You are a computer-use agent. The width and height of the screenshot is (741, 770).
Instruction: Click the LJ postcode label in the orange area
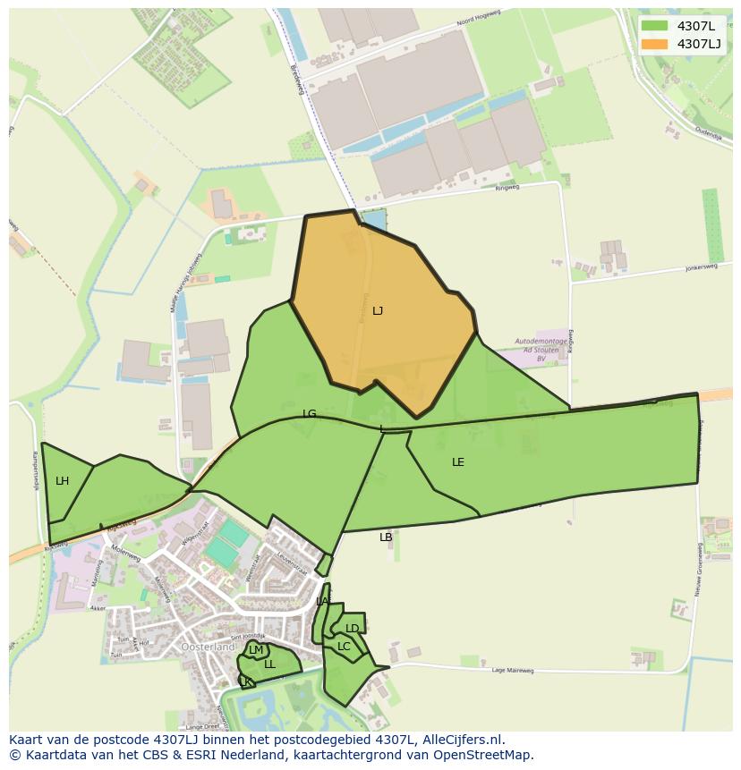coord(378,311)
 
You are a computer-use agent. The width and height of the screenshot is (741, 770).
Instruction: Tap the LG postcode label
coord(310,414)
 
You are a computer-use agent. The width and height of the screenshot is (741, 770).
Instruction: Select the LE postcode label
coord(458,462)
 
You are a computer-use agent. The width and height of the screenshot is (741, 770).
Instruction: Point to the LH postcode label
coord(62,481)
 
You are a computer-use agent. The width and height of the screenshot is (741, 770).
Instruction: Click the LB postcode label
coord(386,537)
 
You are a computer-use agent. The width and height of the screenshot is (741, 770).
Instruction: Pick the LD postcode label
coord(353,629)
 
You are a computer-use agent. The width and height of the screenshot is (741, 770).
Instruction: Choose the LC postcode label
coord(344,647)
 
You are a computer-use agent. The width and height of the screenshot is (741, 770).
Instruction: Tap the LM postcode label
coord(256,650)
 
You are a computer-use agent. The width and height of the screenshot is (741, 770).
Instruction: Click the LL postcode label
coord(269,664)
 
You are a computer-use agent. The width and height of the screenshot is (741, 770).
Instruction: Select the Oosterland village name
coord(208,647)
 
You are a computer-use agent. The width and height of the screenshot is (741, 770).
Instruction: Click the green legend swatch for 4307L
coord(654,26)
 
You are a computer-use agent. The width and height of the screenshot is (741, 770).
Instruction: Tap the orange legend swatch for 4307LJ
coord(654,44)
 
